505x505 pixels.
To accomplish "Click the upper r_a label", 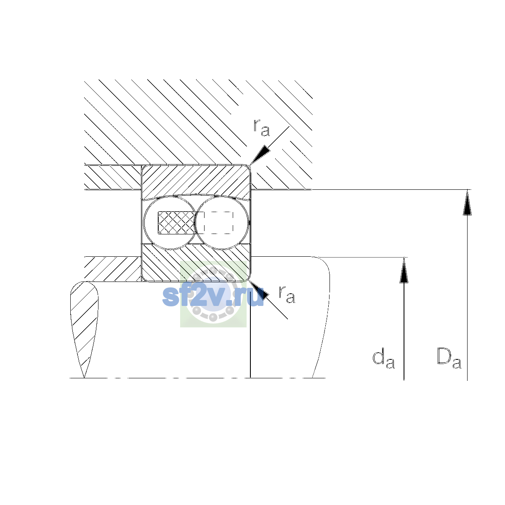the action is pyautogui.click(x=261, y=128).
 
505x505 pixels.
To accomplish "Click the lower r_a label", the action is pyautogui.click(x=287, y=294).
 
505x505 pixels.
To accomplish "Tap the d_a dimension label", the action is pyautogui.click(x=383, y=358).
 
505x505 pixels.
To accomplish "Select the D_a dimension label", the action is pyautogui.click(x=449, y=358).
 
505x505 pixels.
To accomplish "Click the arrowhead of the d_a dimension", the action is pyautogui.click(x=404, y=270).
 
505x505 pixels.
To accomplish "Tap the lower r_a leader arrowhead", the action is pyautogui.click(x=259, y=290).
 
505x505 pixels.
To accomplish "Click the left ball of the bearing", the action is pyautogui.click(x=170, y=223).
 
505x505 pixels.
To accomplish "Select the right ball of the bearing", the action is pyautogui.click(x=222, y=223).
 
